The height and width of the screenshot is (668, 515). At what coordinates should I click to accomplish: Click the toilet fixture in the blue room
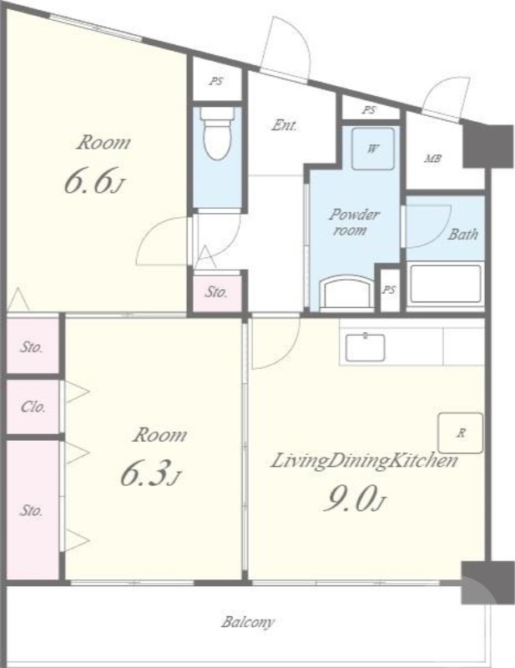pyautogui.click(x=218, y=133)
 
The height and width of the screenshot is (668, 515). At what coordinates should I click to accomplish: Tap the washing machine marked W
pyautogui.click(x=373, y=149)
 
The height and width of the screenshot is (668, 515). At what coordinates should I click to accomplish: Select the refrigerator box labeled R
pyautogui.click(x=461, y=433)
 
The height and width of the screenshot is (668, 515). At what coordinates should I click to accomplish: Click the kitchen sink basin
pyautogui.click(x=365, y=347)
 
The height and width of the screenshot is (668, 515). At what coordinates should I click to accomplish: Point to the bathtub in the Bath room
pyautogui.click(x=446, y=283)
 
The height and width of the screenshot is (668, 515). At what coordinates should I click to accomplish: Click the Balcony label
pyautogui.click(x=248, y=622)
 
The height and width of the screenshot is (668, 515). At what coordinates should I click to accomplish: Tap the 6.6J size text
pyautogui.click(x=94, y=180)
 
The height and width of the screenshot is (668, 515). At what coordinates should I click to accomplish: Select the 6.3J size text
pyautogui.click(x=151, y=473)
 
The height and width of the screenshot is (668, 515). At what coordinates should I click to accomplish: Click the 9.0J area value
pyautogui.click(x=355, y=498)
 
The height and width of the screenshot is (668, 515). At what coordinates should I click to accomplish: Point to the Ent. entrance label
pyautogui.click(x=285, y=125)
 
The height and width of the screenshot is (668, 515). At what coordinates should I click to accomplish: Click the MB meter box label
pyautogui.click(x=432, y=159)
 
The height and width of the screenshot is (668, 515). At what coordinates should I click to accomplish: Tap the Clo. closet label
pyautogui.click(x=33, y=407)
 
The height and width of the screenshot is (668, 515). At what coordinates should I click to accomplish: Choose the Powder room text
pyautogui.click(x=353, y=222)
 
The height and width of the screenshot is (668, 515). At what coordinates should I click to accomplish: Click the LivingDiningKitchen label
pyautogui.click(x=364, y=462)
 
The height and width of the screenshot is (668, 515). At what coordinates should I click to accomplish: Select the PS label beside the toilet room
pyautogui.click(x=216, y=81)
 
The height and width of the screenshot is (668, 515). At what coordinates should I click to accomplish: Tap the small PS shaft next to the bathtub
pyautogui.click(x=389, y=290)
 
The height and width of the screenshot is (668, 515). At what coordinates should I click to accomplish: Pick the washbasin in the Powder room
pyautogui.click(x=346, y=292)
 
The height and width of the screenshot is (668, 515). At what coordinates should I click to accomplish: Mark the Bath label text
pyautogui.click(x=462, y=234)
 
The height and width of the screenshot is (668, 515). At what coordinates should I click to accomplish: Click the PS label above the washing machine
pyautogui.click(x=369, y=110)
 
